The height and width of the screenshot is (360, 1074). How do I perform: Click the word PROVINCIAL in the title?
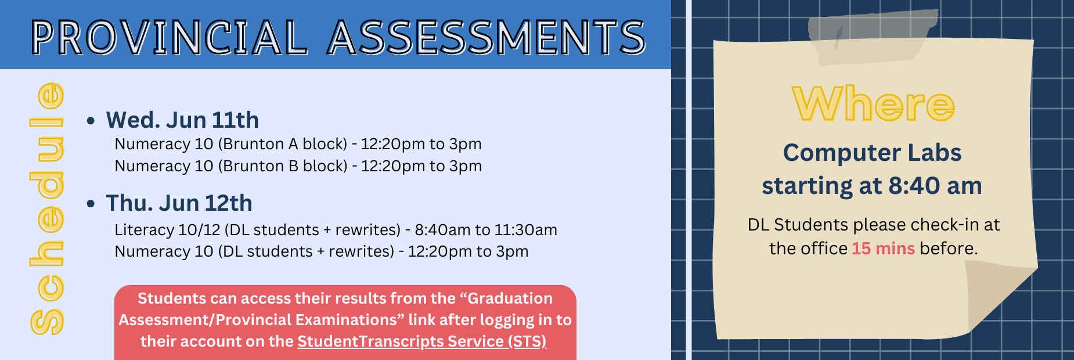coord(168,37)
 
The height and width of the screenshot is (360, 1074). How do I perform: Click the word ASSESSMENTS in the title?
coord(486,37)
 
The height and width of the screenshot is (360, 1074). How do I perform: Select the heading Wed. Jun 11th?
coord(182,120)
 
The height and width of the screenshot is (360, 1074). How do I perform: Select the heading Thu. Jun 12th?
coord(179,203)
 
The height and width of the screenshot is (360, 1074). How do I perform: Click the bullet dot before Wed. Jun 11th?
coord(91,121)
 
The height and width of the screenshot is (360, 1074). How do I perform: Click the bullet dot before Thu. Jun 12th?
coord(91,204)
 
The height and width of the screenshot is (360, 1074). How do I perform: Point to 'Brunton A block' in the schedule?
coord(283,144)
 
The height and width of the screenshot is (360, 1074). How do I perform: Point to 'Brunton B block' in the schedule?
coord(283,166)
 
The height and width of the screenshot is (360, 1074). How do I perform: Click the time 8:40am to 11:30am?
coord(486,230)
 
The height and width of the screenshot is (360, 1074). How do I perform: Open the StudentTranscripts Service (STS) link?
coord(422,341)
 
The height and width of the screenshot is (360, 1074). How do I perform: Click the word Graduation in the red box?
coord(510,298)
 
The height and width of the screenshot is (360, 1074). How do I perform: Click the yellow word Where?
coord(874,104)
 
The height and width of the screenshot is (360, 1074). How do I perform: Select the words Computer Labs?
coord(872,153)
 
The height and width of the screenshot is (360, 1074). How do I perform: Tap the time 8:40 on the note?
coord(914,186)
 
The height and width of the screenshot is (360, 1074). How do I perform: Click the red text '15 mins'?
coord(883,249)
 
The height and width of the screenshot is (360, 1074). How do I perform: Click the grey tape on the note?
coord(872,37)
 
